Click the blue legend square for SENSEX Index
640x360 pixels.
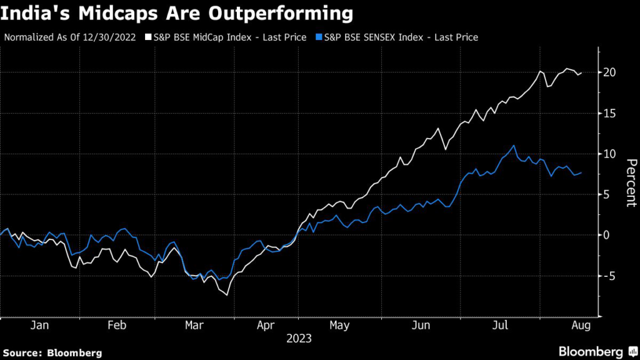point(319,37)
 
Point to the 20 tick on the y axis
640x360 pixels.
point(609,72)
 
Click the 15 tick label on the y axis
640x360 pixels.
point(609,113)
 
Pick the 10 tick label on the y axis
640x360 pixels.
point(609,154)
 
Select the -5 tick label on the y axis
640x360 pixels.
point(609,276)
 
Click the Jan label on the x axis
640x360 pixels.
point(40,326)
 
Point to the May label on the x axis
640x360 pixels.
point(339,326)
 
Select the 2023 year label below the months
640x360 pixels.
point(299,339)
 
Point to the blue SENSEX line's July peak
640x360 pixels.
point(514,146)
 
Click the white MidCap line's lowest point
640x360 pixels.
point(226,294)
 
